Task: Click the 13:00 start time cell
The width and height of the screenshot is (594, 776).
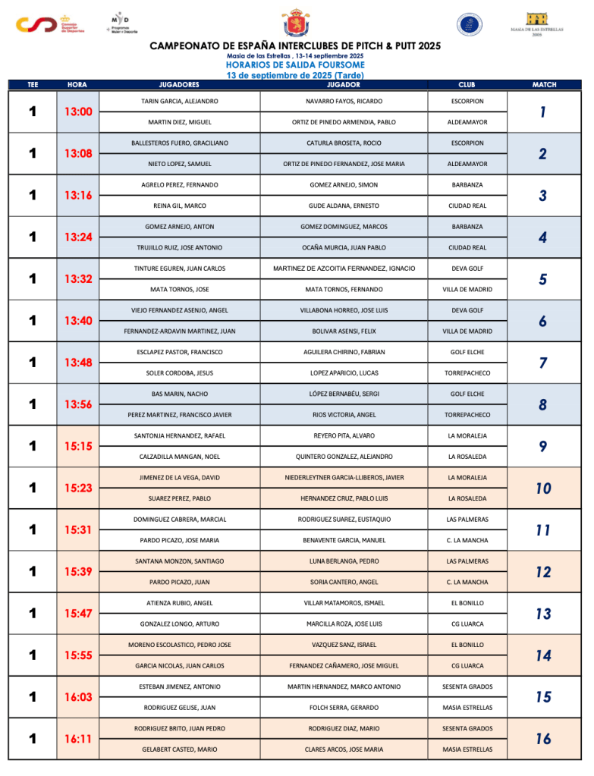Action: [x=77, y=112]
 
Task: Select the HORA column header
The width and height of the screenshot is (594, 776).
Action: [x=77, y=85]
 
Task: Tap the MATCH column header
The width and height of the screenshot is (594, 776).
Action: [x=544, y=85]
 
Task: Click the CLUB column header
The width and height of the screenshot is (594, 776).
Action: [x=467, y=85]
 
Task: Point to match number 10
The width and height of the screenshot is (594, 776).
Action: [x=543, y=489]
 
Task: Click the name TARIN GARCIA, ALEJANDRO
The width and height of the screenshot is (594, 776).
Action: [x=180, y=102]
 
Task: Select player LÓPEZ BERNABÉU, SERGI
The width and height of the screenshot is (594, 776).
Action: [x=344, y=394]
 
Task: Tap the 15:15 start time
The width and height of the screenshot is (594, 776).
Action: [x=77, y=447]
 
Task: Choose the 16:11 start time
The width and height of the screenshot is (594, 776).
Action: [x=77, y=739]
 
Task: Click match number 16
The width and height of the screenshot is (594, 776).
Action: [x=543, y=739]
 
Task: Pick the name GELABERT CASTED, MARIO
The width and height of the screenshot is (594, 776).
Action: [x=180, y=749]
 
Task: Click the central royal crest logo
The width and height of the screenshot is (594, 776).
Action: [x=295, y=24]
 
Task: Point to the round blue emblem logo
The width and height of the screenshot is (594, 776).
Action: [x=469, y=24]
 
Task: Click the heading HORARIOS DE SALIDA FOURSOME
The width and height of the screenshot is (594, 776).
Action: [x=295, y=65]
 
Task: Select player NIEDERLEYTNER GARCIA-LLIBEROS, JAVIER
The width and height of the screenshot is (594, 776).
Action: [x=344, y=478]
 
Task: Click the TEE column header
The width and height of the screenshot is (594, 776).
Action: [x=33, y=85]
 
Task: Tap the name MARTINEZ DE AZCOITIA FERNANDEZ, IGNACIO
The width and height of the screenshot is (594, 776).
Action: [x=344, y=269]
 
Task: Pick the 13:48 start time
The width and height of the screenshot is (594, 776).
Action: [x=77, y=363]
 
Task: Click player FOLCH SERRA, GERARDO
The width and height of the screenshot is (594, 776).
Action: [x=344, y=708]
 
